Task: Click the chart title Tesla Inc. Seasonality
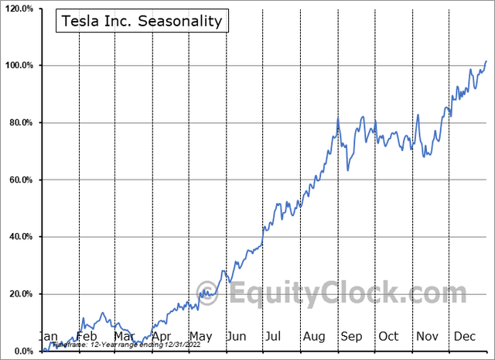point(140,21)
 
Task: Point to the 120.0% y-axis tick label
point(18,9)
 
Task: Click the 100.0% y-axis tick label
point(18,66)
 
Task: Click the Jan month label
point(48,337)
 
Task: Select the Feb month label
point(86,337)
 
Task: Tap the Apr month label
point(162,337)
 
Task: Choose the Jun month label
point(238,337)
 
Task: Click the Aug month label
point(314,337)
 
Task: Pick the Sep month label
point(352,337)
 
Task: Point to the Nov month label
point(428,337)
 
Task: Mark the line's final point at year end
point(486,60)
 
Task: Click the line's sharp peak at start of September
point(338,118)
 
